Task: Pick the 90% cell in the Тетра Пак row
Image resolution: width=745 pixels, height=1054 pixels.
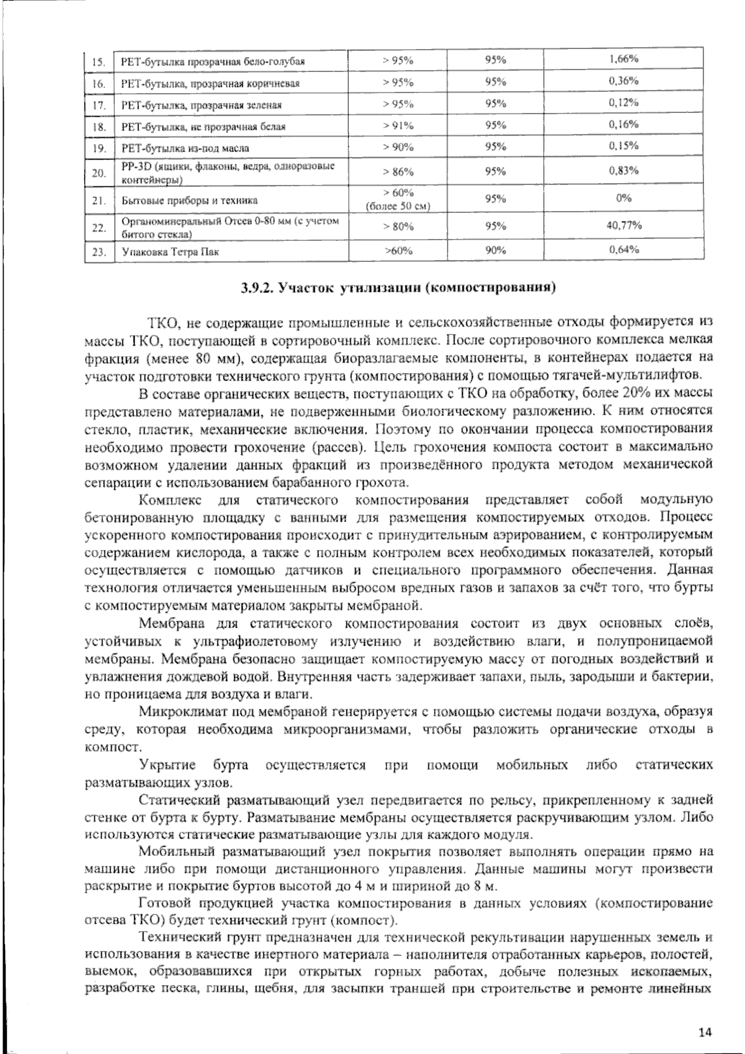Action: (495, 250)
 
